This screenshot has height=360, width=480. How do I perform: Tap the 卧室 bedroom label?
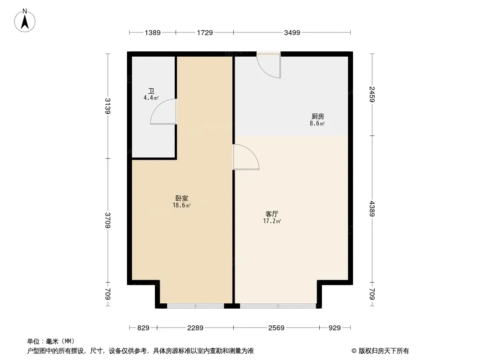[181, 198]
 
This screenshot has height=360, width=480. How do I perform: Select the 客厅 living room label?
[272, 214]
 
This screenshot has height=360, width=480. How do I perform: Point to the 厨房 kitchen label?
[317, 116]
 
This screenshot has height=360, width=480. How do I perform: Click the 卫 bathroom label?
[151, 91]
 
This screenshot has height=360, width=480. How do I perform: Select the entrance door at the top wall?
[268, 65]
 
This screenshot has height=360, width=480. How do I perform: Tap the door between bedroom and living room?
[246, 157]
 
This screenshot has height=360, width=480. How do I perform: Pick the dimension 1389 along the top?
[153, 32]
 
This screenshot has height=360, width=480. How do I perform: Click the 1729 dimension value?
[204, 32]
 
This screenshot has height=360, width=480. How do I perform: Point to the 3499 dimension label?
[292, 32]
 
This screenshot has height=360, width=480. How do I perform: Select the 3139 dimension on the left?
[108, 106]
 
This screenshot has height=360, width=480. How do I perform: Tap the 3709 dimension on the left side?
[108, 220]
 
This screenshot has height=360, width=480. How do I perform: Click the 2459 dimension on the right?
[372, 94]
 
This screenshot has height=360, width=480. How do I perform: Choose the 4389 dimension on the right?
[372, 209]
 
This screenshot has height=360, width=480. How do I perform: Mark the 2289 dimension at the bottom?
[195, 328]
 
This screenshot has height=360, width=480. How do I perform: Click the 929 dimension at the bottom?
[335, 328]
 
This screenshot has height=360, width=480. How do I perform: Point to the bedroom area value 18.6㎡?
[181, 205]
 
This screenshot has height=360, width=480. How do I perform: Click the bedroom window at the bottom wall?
[195, 306]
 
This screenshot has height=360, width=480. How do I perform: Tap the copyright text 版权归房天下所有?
[384, 351]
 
